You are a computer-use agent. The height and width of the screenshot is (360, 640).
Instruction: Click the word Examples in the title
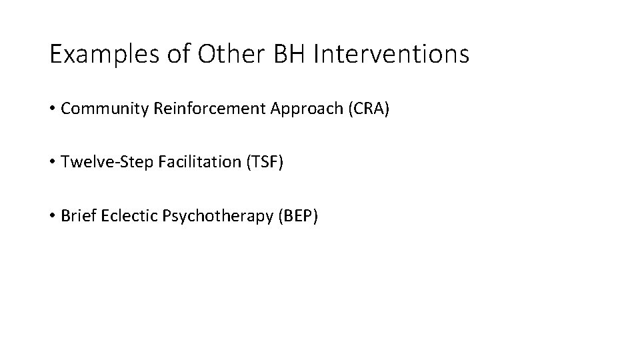coord(102,55)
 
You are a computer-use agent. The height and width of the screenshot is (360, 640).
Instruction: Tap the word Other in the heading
coord(227,55)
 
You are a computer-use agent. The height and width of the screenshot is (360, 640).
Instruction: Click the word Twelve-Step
coord(97,162)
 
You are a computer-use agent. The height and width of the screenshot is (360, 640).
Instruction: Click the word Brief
coord(75,216)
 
